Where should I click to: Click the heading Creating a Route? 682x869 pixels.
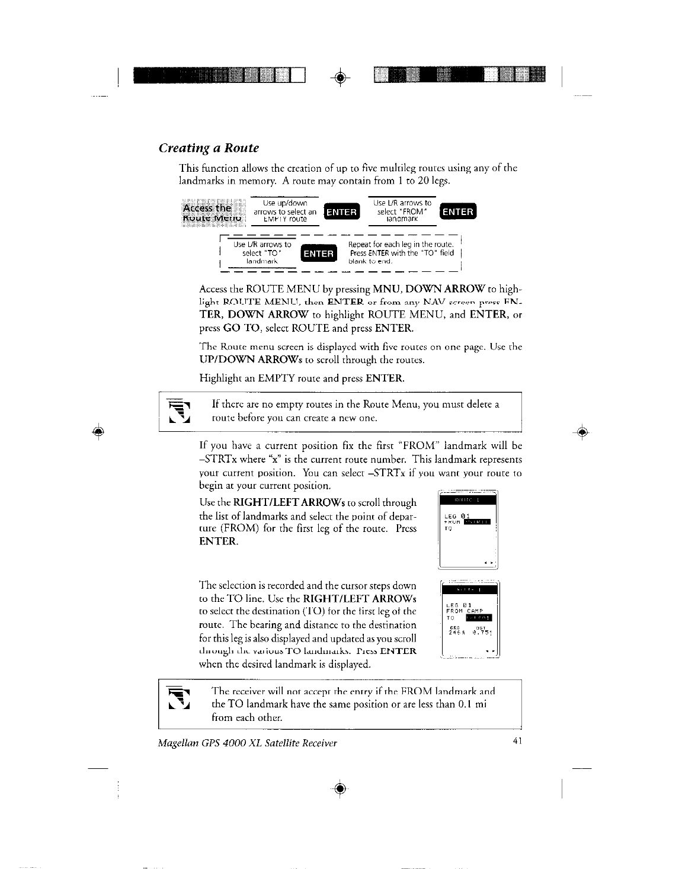[x=209, y=147]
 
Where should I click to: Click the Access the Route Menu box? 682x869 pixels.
[x=207, y=212]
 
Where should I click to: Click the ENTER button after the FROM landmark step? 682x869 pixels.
[x=458, y=212]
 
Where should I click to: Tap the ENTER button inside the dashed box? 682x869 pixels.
[x=318, y=254]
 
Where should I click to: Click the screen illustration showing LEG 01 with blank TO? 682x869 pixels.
[x=468, y=529]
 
